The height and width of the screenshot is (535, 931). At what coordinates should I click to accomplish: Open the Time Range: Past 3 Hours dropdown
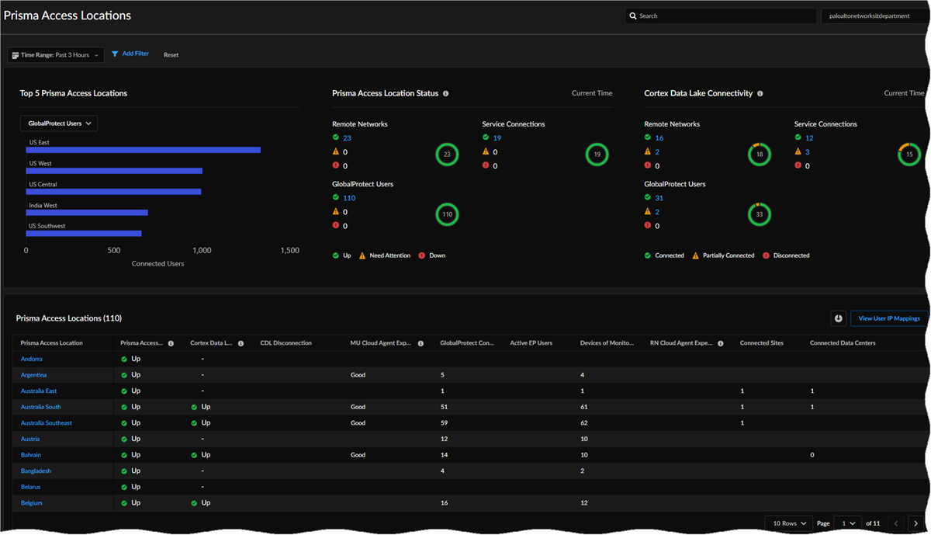[56, 55]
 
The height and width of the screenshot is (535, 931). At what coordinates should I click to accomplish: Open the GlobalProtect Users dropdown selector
[59, 123]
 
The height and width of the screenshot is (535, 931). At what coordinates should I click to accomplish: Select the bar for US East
[144, 150]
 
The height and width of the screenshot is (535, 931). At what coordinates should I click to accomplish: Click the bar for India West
[87, 213]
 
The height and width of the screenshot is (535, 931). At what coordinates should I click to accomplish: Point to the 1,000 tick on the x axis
[202, 251]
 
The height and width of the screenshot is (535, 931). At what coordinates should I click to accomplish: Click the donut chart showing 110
[447, 214]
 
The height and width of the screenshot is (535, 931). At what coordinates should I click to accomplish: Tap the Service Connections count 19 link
[497, 138]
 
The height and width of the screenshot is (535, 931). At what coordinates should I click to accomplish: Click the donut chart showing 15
[909, 155]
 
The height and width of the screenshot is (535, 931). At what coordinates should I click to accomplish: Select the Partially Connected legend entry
[723, 255]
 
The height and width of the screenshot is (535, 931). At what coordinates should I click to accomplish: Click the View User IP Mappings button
[888, 318]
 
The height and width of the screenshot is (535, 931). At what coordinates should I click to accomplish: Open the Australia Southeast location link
[47, 423]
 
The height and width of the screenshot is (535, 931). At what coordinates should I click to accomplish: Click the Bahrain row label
[31, 455]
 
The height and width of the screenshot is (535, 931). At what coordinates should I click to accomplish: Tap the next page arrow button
[916, 523]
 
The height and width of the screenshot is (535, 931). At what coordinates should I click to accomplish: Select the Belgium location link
[32, 503]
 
